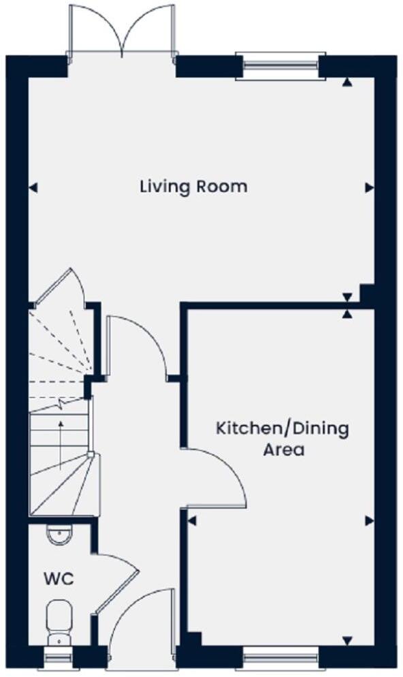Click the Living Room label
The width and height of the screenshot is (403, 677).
[x=193, y=186]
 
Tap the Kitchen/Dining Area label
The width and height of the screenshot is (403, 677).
[x=283, y=439]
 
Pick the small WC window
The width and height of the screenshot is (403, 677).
[x=59, y=659]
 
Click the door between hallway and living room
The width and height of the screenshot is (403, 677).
[x=136, y=344]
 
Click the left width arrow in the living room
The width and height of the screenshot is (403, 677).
[x=33, y=187]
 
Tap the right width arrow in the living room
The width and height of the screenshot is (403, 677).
[x=370, y=187]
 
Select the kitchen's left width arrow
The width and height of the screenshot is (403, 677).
[x=192, y=521]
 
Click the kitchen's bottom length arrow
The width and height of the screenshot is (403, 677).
[x=348, y=641]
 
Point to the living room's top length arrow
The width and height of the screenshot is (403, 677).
[x=348, y=82]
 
